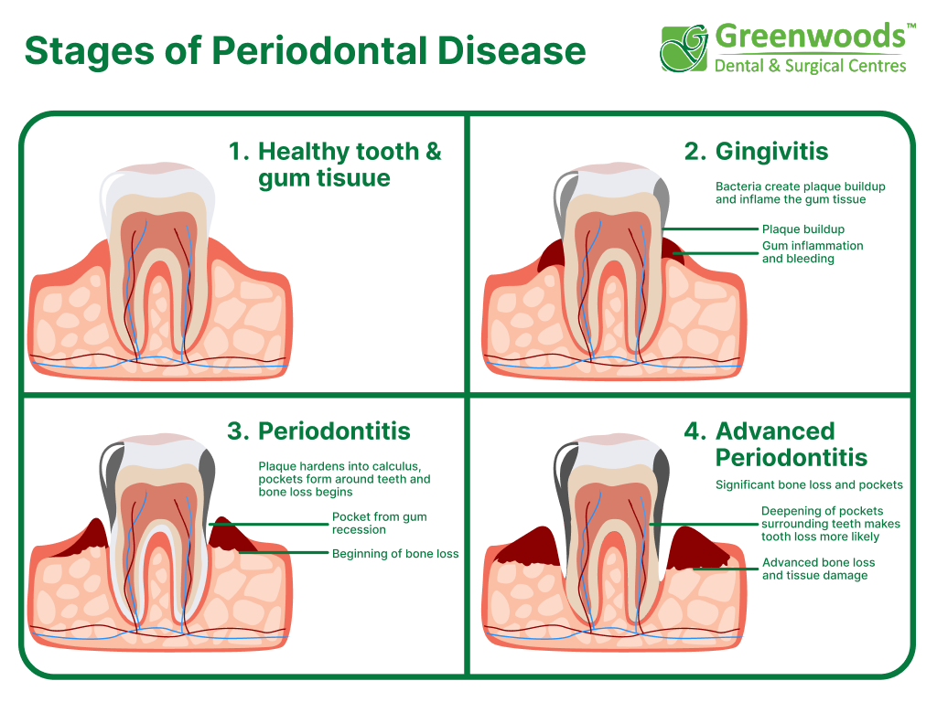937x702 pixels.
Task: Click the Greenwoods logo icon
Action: [684, 48]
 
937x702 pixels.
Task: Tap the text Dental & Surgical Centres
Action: [810, 66]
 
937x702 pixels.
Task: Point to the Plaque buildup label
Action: [802, 229]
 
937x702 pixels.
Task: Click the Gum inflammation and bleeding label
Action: [812, 252]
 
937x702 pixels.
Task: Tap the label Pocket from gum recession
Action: [379, 523]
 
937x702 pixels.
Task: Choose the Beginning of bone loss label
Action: [395, 553]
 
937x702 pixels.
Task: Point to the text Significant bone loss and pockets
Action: [809, 484]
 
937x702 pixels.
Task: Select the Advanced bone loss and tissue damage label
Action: [818, 569]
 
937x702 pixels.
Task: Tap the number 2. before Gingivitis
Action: [695, 151]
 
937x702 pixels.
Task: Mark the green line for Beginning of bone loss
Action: [284, 553]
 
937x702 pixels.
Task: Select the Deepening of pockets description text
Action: [830, 524]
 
